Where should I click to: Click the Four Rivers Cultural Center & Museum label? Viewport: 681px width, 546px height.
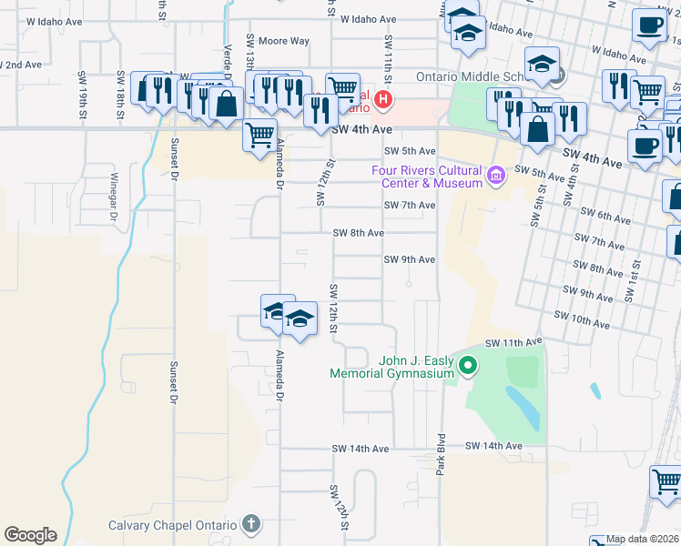[x=426, y=177]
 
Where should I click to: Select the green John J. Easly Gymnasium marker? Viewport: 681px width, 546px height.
[x=468, y=367]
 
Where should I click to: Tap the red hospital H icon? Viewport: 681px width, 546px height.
[x=383, y=99]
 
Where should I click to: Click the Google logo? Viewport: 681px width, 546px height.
[x=30, y=535]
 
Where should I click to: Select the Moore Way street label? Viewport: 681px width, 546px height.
[x=284, y=41]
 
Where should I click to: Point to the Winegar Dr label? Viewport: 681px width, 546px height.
[x=115, y=197]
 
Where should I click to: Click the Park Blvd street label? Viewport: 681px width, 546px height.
[x=442, y=458]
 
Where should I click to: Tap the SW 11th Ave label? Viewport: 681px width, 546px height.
[x=513, y=343]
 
